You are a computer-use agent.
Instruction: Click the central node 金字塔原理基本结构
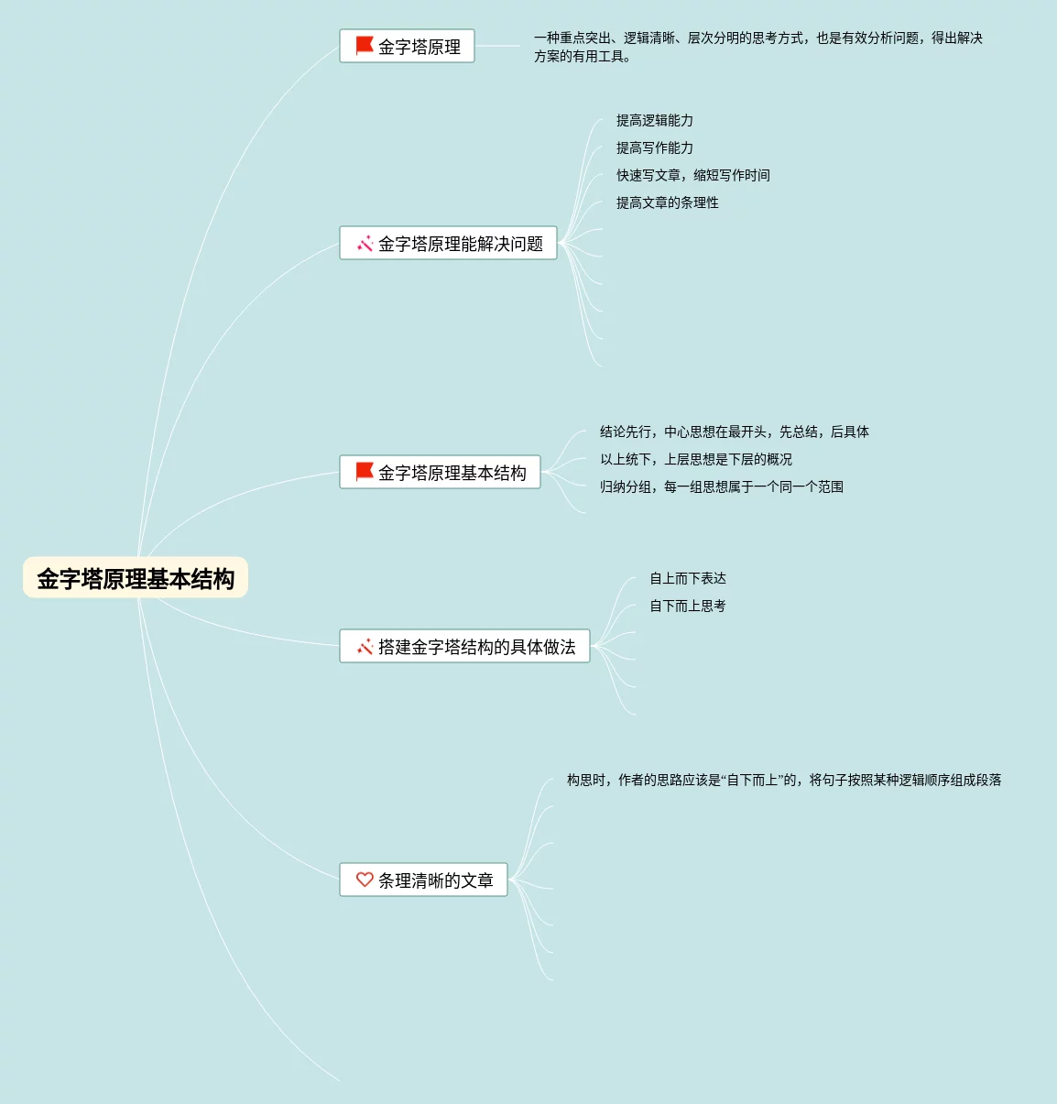(136, 578)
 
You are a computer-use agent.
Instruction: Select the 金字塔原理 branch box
(407, 46)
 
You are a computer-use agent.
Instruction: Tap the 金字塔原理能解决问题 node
(448, 244)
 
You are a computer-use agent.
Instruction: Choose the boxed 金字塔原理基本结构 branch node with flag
(440, 473)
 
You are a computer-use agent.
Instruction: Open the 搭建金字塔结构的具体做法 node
(464, 647)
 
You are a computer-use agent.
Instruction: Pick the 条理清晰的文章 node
(423, 880)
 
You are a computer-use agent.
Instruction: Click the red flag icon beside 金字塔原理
(365, 46)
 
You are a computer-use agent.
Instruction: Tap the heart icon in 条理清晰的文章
(365, 880)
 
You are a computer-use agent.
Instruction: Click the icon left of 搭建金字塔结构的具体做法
(365, 647)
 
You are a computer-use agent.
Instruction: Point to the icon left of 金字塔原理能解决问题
(365, 244)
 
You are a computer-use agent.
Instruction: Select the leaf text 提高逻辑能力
(654, 120)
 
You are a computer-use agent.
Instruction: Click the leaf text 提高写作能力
(654, 148)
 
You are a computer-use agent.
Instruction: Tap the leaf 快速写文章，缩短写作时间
(692, 175)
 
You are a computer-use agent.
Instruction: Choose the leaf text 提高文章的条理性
(667, 202)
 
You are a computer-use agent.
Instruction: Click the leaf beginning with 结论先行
(734, 432)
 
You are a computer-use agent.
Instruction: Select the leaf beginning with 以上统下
(695, 459)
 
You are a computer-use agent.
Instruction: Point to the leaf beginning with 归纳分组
(721, 486)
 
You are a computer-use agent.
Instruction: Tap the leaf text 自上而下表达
(687, 578)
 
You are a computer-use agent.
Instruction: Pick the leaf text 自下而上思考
(687, 606)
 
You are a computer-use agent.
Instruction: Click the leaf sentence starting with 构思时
(783, 780)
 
